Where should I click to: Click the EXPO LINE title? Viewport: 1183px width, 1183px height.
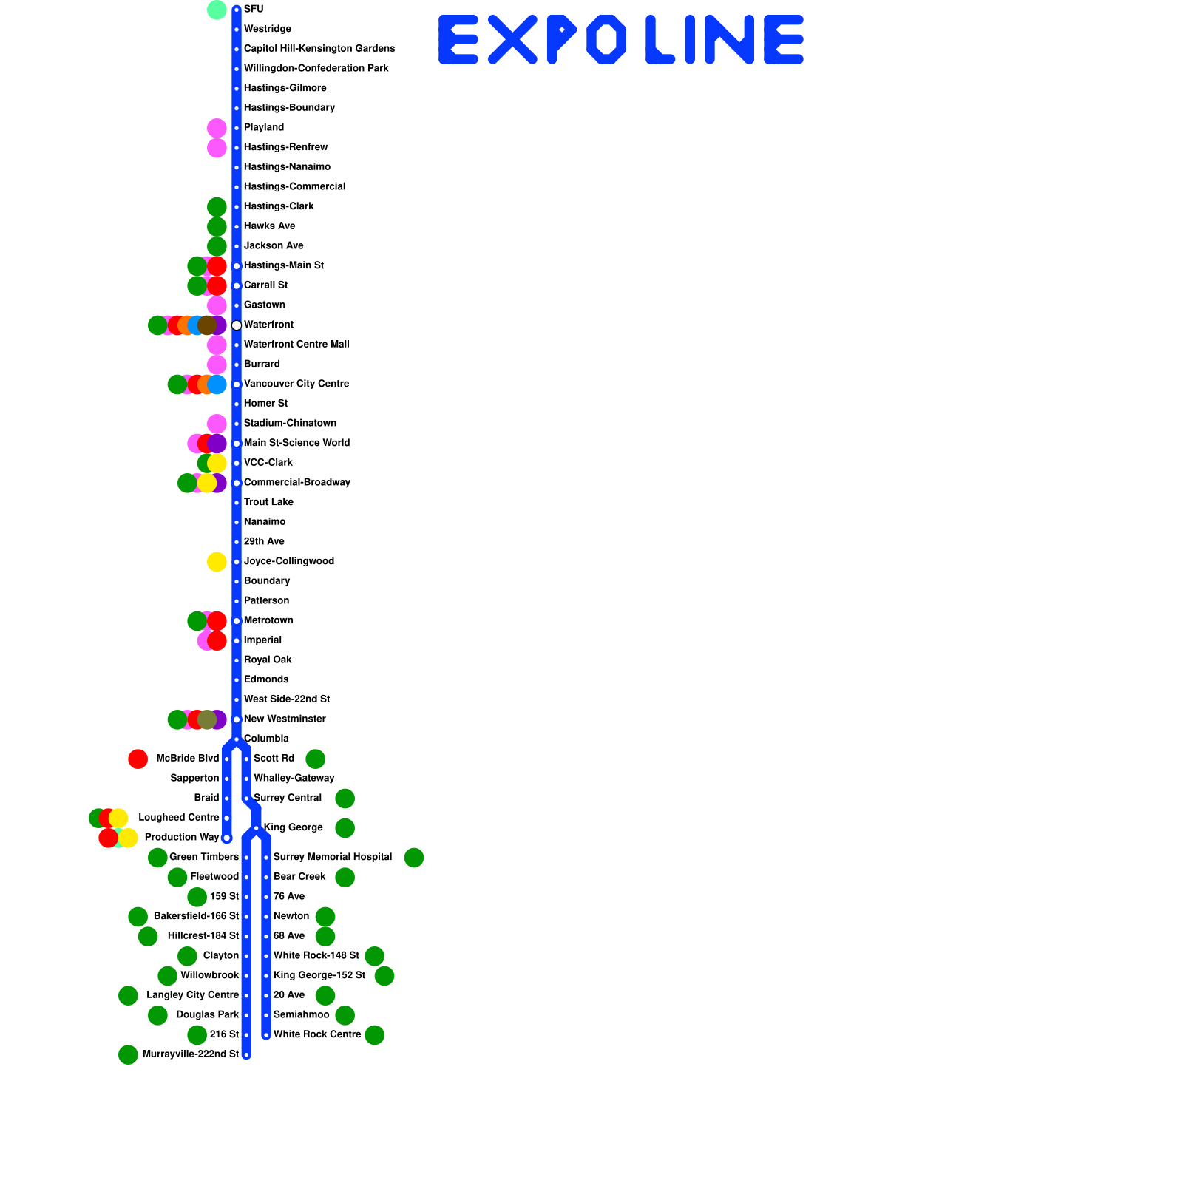point(621,40)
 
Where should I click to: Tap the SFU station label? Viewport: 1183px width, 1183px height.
point(254,10)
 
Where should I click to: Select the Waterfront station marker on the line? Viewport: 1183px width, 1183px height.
point(237,325)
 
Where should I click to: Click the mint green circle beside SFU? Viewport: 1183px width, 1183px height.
point(217,10)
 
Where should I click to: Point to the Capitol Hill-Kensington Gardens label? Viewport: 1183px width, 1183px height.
point(319,49)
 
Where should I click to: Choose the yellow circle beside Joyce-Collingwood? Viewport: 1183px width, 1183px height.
point(217,562)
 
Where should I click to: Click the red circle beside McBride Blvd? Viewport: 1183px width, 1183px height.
point(138,759)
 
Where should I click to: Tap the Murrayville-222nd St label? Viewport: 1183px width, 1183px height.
point(191,1054)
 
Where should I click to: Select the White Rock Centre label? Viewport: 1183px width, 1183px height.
point(317,1034)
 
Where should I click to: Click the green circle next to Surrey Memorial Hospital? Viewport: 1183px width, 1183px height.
point(414,858)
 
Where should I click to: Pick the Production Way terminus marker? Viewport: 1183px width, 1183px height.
point(227,838)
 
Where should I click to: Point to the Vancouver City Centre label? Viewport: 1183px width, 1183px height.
point(296,384)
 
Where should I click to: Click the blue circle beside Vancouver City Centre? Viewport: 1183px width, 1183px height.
point(217,384)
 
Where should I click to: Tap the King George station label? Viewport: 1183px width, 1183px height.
point(294,827)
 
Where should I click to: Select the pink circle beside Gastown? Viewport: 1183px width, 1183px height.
point(217,305)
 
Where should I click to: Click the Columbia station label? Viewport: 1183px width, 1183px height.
point(266,739)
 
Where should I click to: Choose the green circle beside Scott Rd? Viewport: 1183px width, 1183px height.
point(316,759)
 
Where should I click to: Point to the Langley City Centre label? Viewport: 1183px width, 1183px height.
point(193,995)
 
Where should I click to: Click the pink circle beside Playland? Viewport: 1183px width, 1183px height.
point(217,128)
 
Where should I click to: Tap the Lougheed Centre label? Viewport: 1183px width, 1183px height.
point(179,818)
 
